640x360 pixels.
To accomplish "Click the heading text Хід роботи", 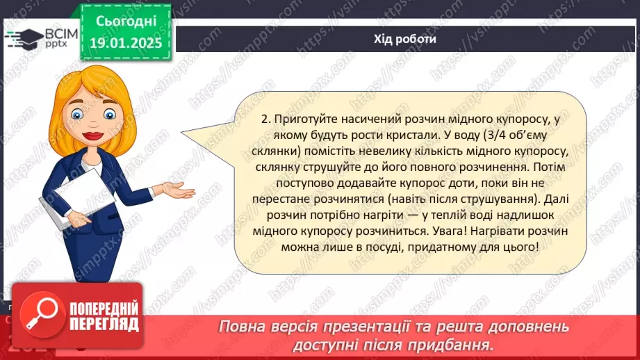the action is [x=405, y=39].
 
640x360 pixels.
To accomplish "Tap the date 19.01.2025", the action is [x=126, y=43].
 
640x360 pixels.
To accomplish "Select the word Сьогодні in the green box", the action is [x=126, y=22].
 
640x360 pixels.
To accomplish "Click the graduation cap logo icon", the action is [x=24, y=39].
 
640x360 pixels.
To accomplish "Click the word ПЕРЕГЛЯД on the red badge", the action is [x=104, y=325].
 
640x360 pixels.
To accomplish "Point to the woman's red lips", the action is [x=92, y=136].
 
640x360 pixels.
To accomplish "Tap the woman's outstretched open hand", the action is [x=179, y=190].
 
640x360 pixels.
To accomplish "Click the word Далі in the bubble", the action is [x=557, y=199].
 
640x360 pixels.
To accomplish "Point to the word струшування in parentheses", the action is [x=497, y=199].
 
